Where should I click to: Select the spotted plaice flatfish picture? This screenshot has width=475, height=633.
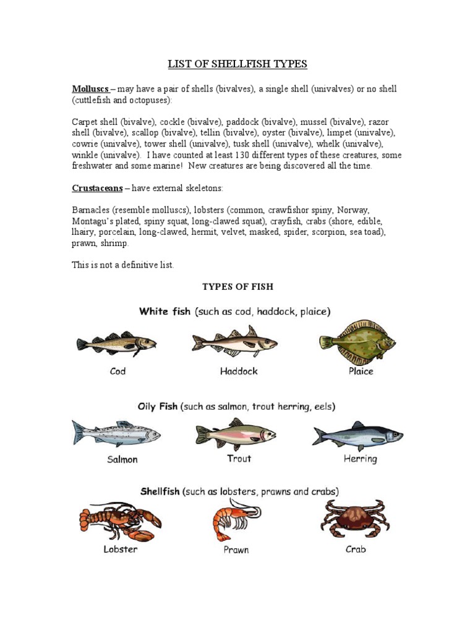[357, 342]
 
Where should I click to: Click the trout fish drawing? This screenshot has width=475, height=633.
[235, 433]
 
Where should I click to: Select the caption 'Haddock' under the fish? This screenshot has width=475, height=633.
[239, 372]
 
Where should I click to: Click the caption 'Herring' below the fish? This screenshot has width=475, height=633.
[360, 459]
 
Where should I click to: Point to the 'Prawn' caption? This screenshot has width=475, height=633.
[236, 550]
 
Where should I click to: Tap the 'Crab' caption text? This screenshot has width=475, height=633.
[356, 549]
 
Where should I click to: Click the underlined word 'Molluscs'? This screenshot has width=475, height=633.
[90, 89]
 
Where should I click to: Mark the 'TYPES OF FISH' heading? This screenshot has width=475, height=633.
[238, 287]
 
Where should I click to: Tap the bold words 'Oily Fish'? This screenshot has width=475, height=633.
[157, 407]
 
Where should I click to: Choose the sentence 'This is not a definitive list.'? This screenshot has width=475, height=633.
[123, 265]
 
